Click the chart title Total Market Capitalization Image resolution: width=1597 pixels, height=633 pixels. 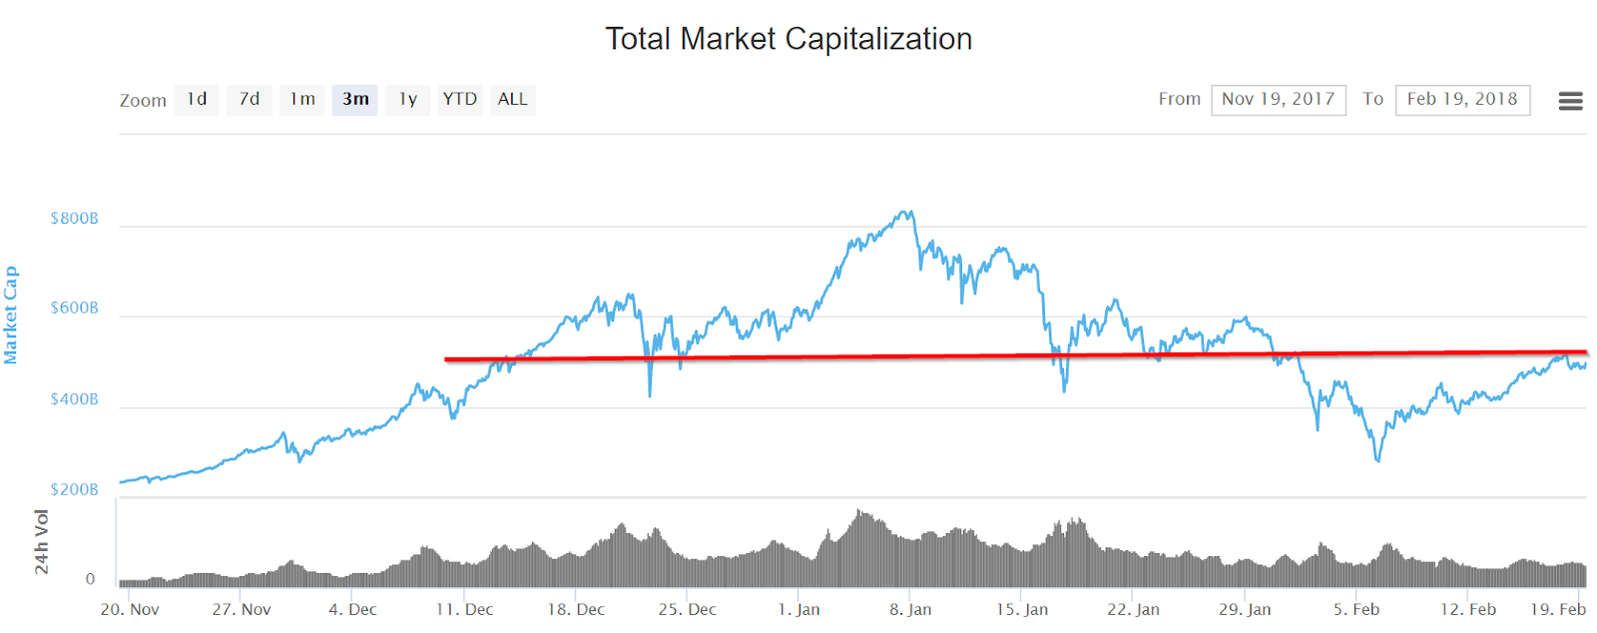[789, 39]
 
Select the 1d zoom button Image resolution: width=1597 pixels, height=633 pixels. [197, 99]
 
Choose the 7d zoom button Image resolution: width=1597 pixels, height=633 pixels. [250, 99]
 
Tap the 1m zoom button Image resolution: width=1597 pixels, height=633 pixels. [302, 99]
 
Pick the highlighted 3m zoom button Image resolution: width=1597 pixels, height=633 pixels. [355, 99]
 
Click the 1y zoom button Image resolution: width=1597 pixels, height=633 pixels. [408, 99]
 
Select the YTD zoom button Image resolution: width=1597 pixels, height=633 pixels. [460, 99]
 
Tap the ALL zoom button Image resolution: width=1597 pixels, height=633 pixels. [513, 99]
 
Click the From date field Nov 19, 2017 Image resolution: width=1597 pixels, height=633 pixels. [1279, 100]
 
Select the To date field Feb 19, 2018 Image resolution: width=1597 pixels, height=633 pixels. [1462, 100]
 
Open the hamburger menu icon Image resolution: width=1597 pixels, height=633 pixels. [1570, 100]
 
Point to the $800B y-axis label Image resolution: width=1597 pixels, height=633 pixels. [75, 219]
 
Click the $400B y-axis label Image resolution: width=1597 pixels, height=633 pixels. [75, 399]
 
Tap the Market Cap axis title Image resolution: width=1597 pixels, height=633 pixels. [11, 315]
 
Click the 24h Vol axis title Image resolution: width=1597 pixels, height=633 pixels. [41, 542]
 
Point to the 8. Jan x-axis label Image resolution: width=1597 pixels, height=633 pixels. [910, 609]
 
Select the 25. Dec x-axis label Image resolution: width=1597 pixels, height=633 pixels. [688, 609]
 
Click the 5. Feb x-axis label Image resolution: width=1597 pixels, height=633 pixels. [1356, 609]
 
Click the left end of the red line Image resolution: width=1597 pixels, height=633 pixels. [446, 359]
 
